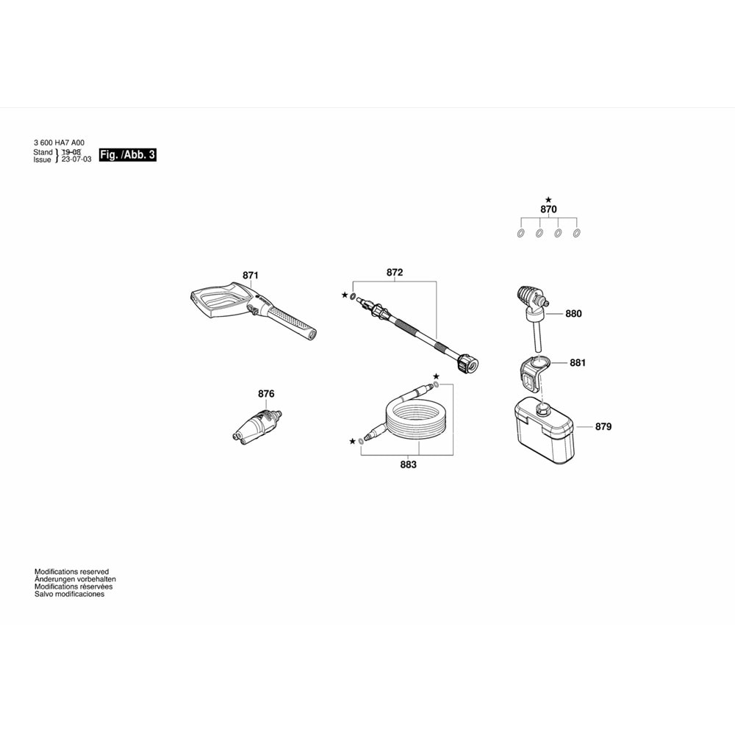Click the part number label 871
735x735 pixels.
click(x=251, y=276)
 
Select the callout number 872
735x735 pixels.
click(x=395, y=273)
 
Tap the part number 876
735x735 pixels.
click(x=266, y=394)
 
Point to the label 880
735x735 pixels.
click(x=573, y=314)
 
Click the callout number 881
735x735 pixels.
click(x=578, y=362)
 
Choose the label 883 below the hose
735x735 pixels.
click(x=408, y=465)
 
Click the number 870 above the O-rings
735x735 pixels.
click(x=548, y=209)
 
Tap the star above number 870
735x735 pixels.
click(x=548, y=199)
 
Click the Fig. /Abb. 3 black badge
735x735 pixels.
click(x=128, y=155)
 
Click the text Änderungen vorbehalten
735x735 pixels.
click(x=75, y=579)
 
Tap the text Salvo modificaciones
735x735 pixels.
click(x=69, y=594)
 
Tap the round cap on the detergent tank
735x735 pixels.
click(x=545, y=409)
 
